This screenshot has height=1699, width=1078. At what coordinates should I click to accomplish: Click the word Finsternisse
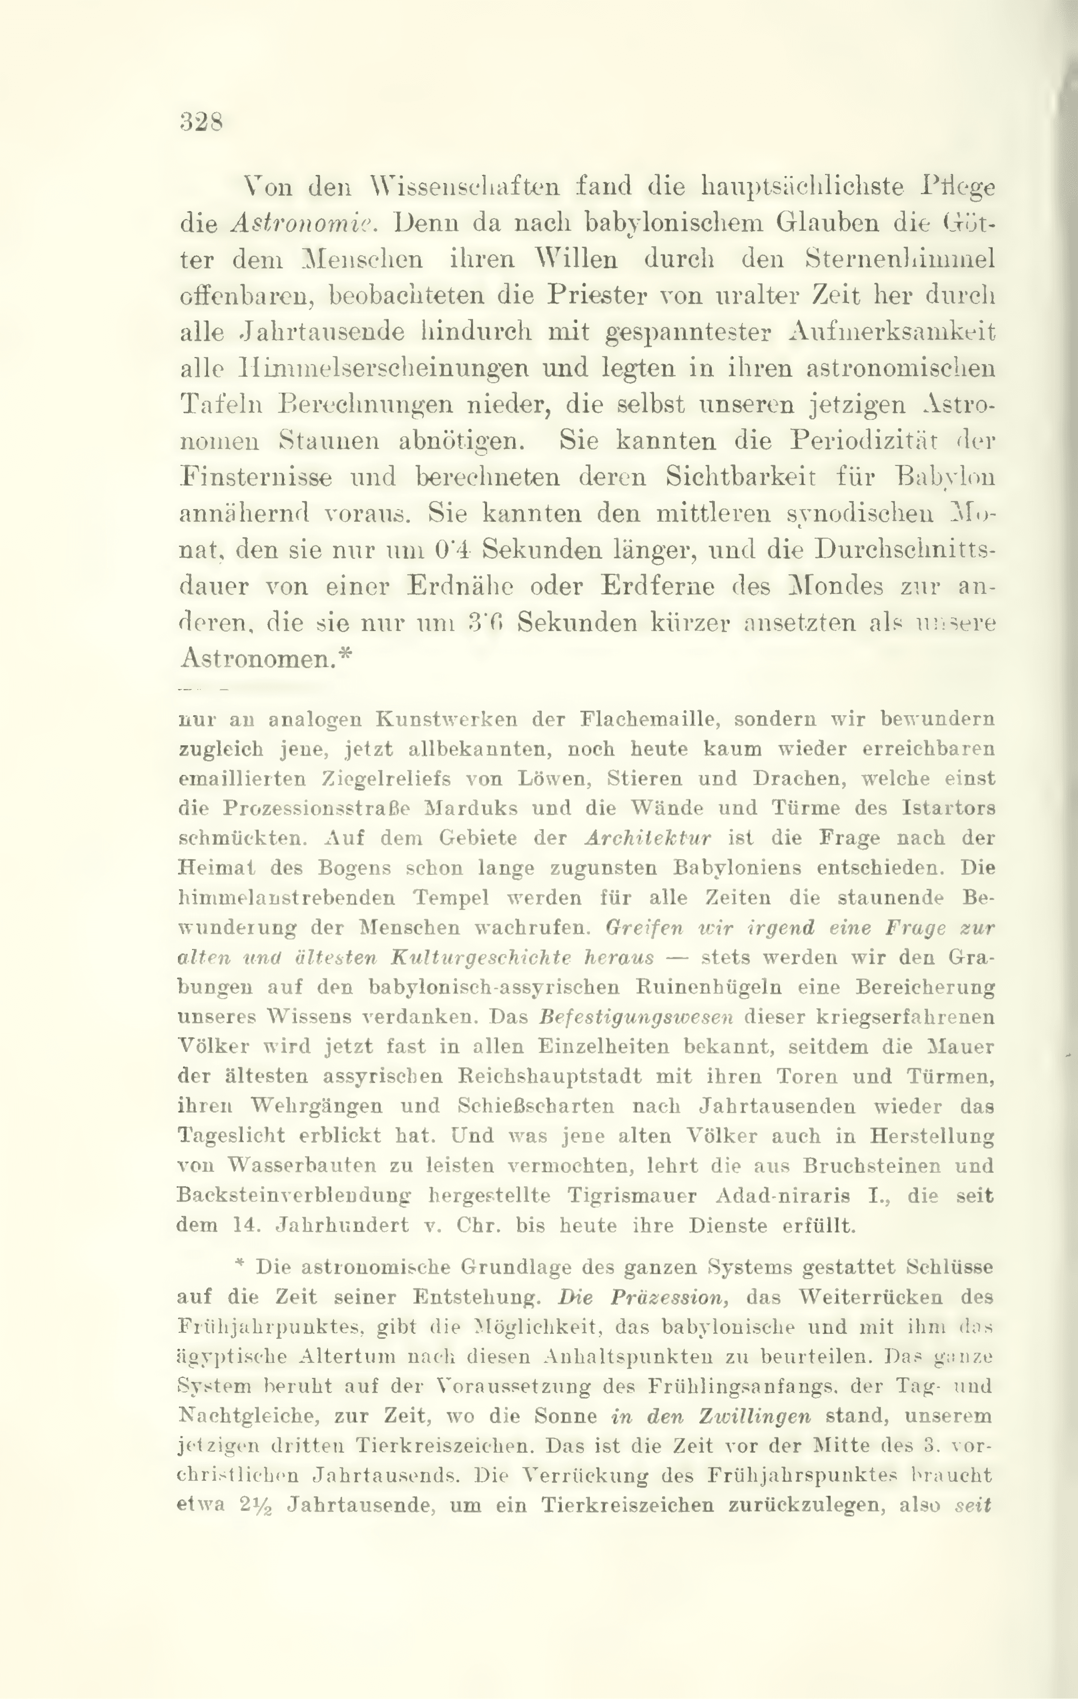(256, 478)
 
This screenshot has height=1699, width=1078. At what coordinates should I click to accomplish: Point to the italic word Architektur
(647, 838)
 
